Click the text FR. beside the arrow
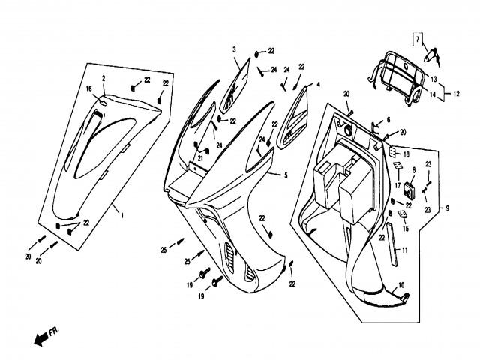pyautogui.click(x=54, y=331)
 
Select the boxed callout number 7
pyautogui.click(x=418, y=39)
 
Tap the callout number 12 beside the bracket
pyautogui.click(x=456, y=93)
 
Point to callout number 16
pyautogui.click(x=89, y=88)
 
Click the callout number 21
pyautogui.click(x=200, y=158)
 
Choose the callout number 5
pyautogui.click(x=286, y=175)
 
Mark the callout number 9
pyautogui.click(x=447, y=208)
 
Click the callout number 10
pyautogui.click(x=401, y=285)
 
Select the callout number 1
pyautogui.click(x=122, y=215)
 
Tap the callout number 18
pyautogui.click(x=406, y=154)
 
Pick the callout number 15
pyautogui.click(x=406, y=228)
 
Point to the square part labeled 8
pyautogui.click(x=409, y=190)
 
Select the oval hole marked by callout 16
pyautogui.click(x=103, y=102)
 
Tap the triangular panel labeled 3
pyautogui.click(x=235, y=87)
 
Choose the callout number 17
pyautogui.click(x=398, y=185)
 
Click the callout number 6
pyautogui.click(x=388, y=120)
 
